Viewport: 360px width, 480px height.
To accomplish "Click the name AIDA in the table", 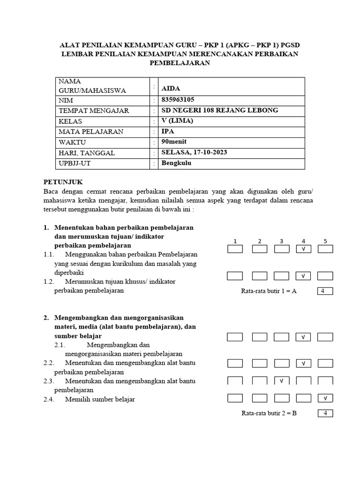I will (171, 89).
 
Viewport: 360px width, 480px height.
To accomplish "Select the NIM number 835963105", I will (178, 100).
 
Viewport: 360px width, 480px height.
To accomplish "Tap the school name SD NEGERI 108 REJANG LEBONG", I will (220, 110).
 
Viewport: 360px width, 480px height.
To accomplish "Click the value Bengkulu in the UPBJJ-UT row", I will (177, 163).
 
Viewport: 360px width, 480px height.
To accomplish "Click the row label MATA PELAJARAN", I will (91, 132).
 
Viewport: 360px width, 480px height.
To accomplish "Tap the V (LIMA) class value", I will (177, 121).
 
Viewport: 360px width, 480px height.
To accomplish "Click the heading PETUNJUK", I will (63, 182).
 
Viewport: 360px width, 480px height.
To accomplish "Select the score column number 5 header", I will (325, 241).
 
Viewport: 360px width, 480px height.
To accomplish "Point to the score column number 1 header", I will (235, 241).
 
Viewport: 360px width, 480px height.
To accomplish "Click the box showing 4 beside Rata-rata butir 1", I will (325, 291).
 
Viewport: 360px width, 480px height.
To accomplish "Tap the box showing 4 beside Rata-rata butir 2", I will (325, 413).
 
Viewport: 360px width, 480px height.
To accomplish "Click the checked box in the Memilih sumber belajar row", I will (325, 398).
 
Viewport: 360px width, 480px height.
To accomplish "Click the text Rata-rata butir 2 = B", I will (269, 413).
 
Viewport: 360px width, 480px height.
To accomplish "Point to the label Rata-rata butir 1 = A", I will (269, 291).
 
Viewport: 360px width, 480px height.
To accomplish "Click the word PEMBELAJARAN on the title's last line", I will (180, 63).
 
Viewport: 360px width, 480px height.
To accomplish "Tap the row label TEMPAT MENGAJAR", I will (94, 111).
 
